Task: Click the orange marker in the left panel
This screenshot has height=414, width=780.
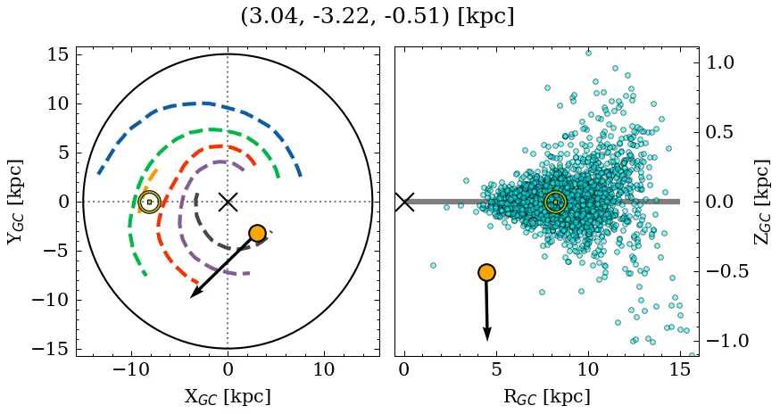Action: [x=257, y=233]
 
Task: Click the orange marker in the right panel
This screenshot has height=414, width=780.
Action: [x=486, y=272]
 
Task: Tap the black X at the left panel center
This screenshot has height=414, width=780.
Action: [x=228, y=202]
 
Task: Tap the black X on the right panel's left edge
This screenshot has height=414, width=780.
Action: [x=404, y=202]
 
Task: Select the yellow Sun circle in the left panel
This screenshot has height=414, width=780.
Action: [x=149, y=202]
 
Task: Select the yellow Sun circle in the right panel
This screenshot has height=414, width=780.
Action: [x=555, y=202]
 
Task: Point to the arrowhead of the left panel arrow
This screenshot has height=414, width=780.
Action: [x=193, y=295]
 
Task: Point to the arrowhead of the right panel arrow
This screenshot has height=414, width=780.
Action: [x=487, y=335]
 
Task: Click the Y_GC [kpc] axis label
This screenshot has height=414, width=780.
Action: [x=14, y=202]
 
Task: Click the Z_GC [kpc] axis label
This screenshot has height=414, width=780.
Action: [x=763, y=202]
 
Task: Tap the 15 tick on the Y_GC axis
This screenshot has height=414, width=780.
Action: [x=57, y=54]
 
